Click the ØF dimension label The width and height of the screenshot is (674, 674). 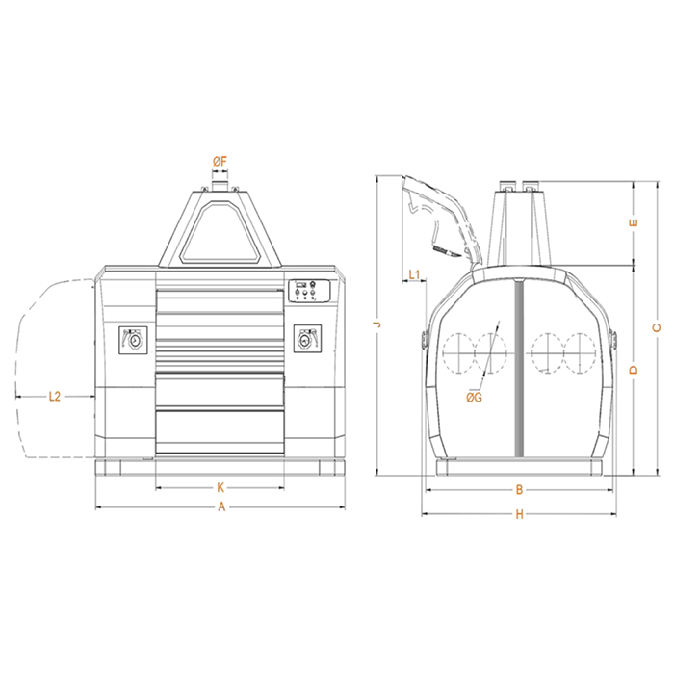tap(220, 162)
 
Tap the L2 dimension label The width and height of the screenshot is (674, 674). tap(55, 397)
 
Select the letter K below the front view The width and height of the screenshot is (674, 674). tap(220, 487)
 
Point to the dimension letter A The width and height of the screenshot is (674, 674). tap(221, 507)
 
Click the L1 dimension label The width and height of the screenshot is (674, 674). tap(414, 274)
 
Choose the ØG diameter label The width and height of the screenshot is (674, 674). tap(474, 398)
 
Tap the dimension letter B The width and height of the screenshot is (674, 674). tap(519, 489)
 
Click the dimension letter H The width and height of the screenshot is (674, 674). tap(520, 514)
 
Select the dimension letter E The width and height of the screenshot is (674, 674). tap(634, 222)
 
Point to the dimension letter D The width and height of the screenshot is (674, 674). tap(634, 370)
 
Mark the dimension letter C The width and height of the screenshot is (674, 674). tap(657, 328)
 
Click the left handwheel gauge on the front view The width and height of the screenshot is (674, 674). tap(133, 340)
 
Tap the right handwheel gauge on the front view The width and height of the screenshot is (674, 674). tap(307, 339)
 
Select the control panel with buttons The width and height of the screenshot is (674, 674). tap(309, 291)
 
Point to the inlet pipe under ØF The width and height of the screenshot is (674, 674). tap(220, 185)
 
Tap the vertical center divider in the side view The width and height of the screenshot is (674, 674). tap(519, 369)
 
